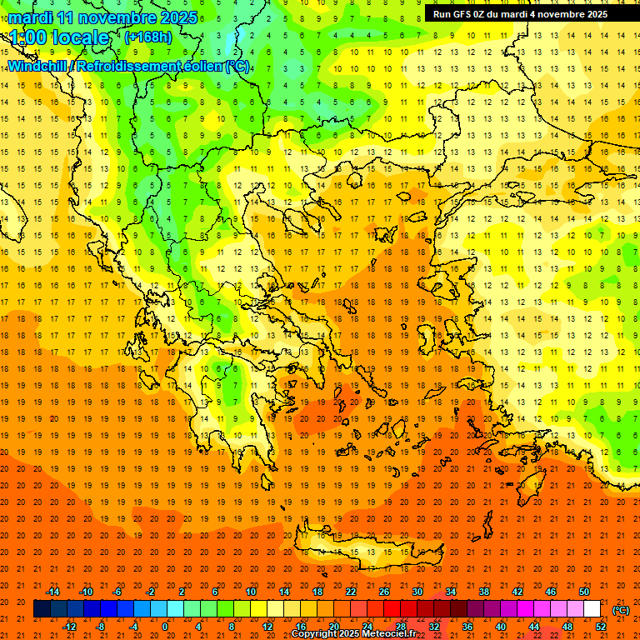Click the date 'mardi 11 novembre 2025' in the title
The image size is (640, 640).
point(103,17)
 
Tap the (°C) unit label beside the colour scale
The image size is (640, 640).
point(620,610)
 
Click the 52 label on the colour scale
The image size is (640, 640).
point(601,627)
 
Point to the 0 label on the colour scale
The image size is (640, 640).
point(165,627)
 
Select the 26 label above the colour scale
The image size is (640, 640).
point(383,592)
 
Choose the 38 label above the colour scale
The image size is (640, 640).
point(483,592)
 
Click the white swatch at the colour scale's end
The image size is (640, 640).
point(592,609)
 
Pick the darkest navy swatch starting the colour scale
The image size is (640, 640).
point(42,609)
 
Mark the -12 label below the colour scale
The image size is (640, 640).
point(69,627)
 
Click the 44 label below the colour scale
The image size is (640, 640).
point(534,627)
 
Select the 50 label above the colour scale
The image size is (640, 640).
point(584,592)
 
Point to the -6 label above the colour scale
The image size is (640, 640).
point(117,592)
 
